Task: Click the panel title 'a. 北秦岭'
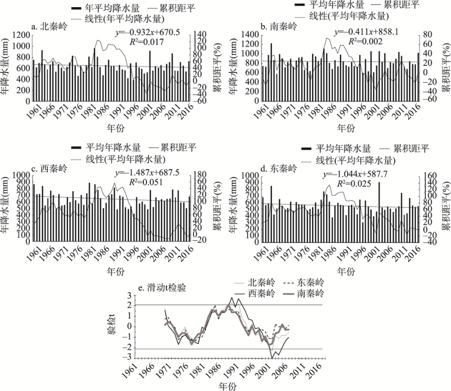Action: point(49,26)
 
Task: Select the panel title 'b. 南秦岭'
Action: point(279,26)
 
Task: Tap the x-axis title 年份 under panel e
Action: point(225,386)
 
